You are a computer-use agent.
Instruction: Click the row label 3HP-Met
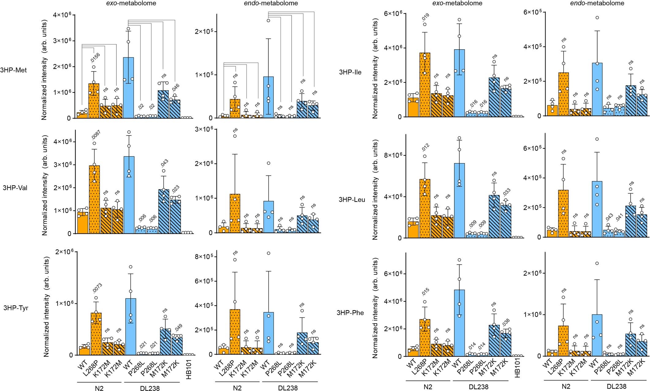click(13, 70)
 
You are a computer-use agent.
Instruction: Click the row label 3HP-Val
click(15, 188)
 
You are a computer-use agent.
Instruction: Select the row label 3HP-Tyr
click(16, 308)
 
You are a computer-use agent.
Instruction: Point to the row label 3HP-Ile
click(350, 73)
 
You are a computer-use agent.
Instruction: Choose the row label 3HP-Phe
click(350, 313)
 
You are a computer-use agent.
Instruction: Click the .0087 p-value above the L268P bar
click(97, 135)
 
